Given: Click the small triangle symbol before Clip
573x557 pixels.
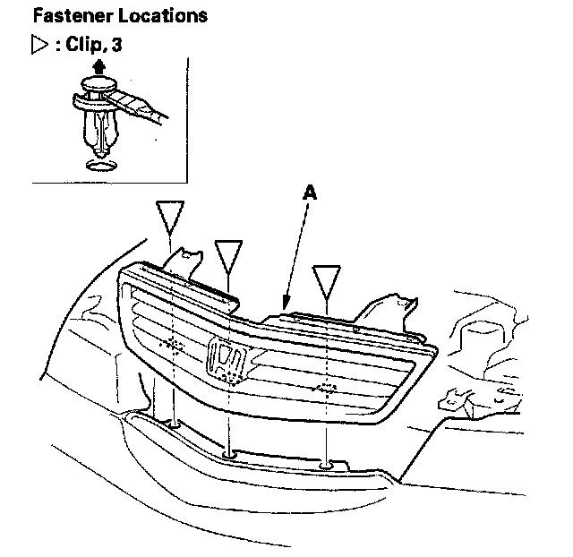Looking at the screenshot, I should [38, 45].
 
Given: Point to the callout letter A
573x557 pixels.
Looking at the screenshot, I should [309, 192].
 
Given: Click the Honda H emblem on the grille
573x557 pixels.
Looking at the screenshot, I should [227, 360].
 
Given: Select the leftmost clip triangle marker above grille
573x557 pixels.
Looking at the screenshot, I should [170, 217].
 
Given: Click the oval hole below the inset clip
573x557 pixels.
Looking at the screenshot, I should [99, 165].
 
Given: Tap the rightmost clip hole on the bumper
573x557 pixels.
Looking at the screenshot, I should [328, 464].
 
